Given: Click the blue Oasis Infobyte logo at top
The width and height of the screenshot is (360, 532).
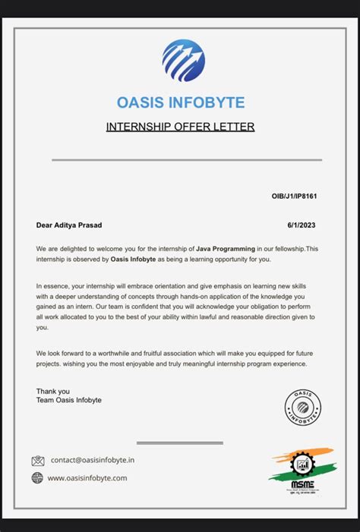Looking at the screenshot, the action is tap(183, 61).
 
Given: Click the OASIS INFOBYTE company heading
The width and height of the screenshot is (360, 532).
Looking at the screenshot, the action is tap(180, 102).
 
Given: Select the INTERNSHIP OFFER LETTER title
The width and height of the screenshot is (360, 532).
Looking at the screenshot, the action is tap(180, 127).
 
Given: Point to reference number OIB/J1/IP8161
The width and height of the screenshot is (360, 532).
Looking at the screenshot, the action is tap(294, 197).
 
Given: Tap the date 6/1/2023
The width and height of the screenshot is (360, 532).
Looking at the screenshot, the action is tap(302, 225).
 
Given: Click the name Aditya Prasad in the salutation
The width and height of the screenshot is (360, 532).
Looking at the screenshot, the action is tap(80, 225).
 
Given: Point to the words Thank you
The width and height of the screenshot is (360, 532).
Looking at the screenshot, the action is tap(52, 392).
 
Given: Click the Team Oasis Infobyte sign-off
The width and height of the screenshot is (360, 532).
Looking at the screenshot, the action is tap(68, 400).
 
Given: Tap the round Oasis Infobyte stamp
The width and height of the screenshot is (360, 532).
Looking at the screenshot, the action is tap(302, 408).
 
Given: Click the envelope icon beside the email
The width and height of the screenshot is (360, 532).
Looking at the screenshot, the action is tap(38, 461).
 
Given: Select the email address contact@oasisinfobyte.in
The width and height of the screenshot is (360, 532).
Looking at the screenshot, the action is tap(93, 460).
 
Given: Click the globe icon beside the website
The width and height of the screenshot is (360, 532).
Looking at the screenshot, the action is tap(37, 477).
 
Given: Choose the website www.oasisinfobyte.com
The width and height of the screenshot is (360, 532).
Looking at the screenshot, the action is tap(87, 478).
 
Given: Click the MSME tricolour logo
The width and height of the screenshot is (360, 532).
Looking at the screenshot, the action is tap(302, 467).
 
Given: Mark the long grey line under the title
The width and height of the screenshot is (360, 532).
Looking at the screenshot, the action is tap(186, 160).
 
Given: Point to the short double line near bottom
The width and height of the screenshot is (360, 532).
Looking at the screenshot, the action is tap(179, 442).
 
